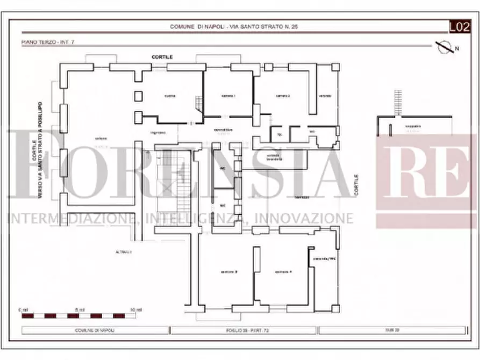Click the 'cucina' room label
click(170, 96)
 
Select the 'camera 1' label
click(228, 96)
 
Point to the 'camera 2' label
click(283, 96)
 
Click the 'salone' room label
click(101, 139)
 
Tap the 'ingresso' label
click(157, 132)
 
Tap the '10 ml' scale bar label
click(136, 310)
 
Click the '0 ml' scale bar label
click(23, 310)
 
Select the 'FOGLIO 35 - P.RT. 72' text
click(244, 330)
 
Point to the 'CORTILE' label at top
click(162, 56)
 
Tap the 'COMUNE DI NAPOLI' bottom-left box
click(95, 330)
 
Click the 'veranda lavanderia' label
click(277, 156)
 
